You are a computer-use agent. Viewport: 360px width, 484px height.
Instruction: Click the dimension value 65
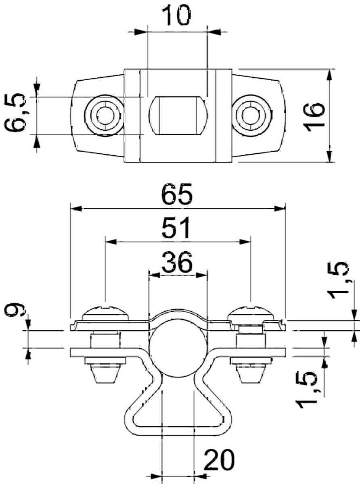pos(177,196)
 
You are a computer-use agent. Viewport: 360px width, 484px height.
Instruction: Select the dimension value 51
pos(176,229)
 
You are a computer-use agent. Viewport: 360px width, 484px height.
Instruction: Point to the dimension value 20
pos(220,461)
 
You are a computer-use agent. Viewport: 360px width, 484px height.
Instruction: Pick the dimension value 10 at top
pos(176,15)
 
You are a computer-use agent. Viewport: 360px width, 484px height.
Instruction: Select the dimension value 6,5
pos(19,114)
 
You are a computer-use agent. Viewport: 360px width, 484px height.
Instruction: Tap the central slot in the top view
pos(178,115)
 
